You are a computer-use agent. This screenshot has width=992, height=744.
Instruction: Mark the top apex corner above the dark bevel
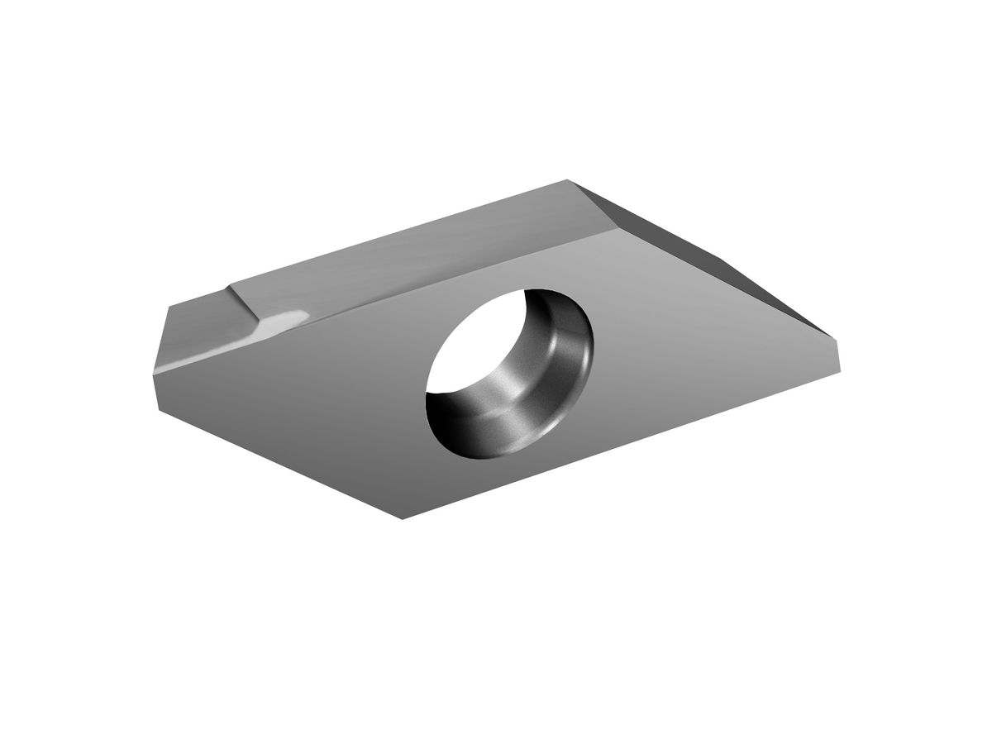pyautogui.click(x=569, y=179)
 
